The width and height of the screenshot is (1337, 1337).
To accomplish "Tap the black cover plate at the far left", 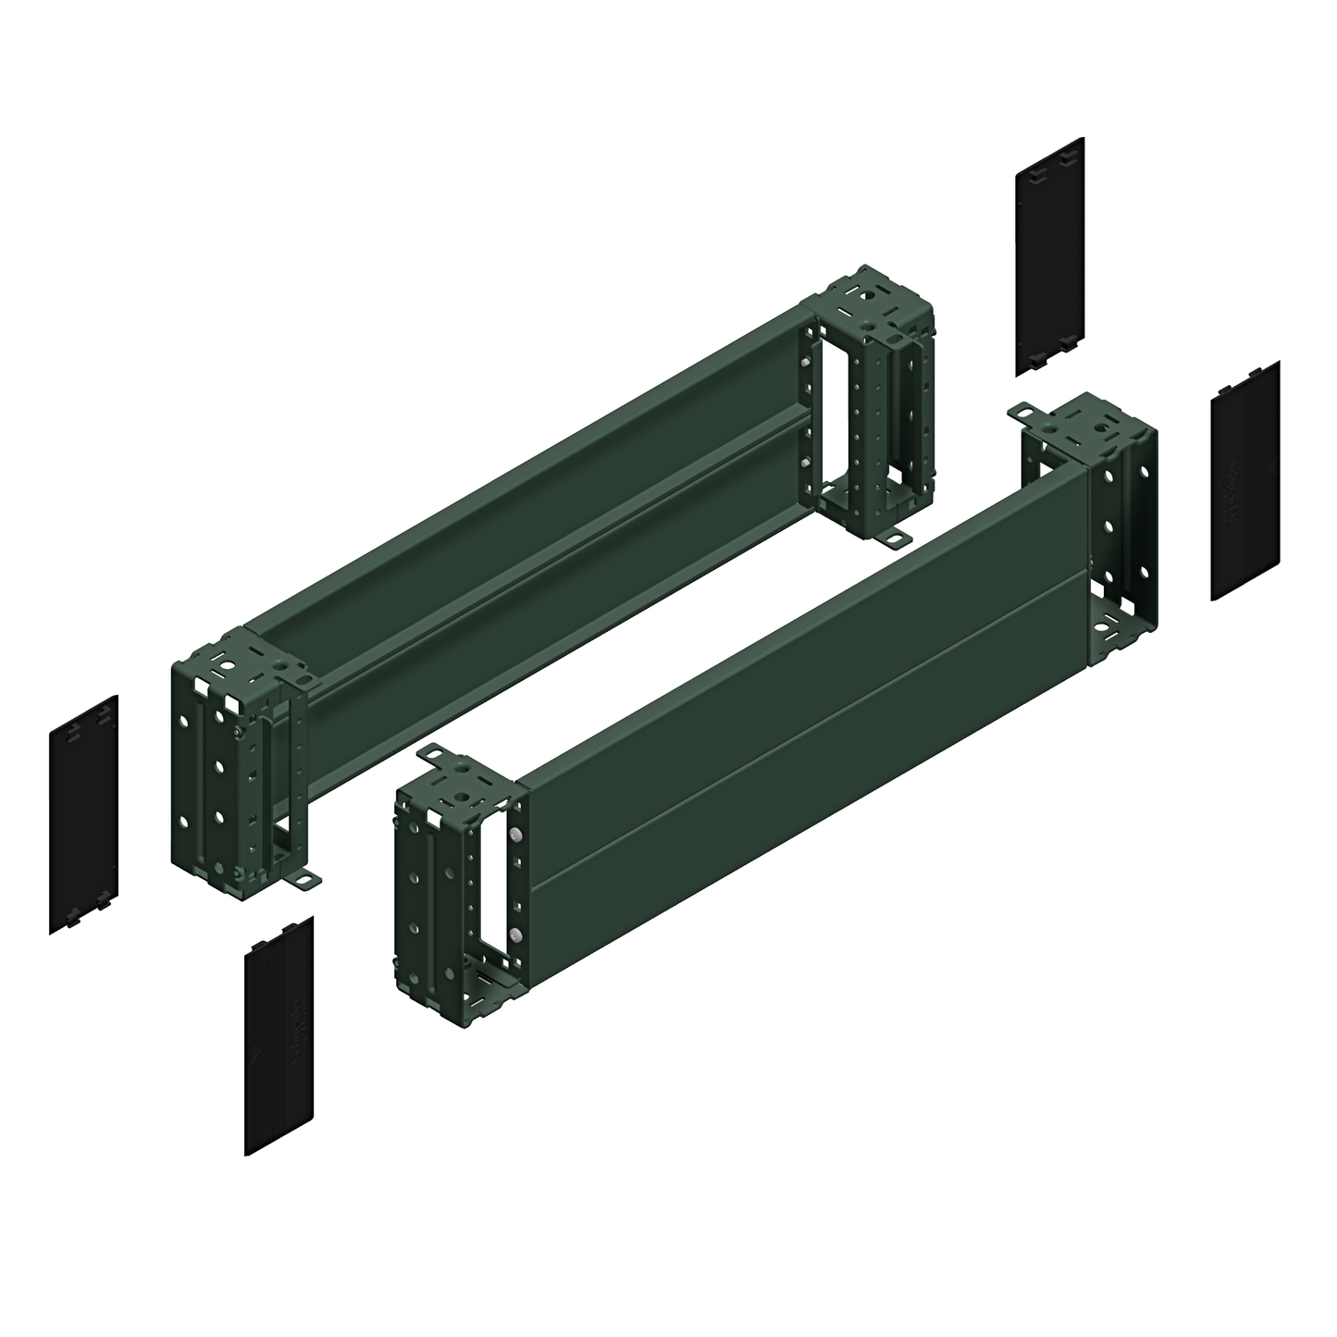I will click(83, 814).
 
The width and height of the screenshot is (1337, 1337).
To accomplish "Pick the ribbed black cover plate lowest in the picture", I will click(279, 1036).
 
